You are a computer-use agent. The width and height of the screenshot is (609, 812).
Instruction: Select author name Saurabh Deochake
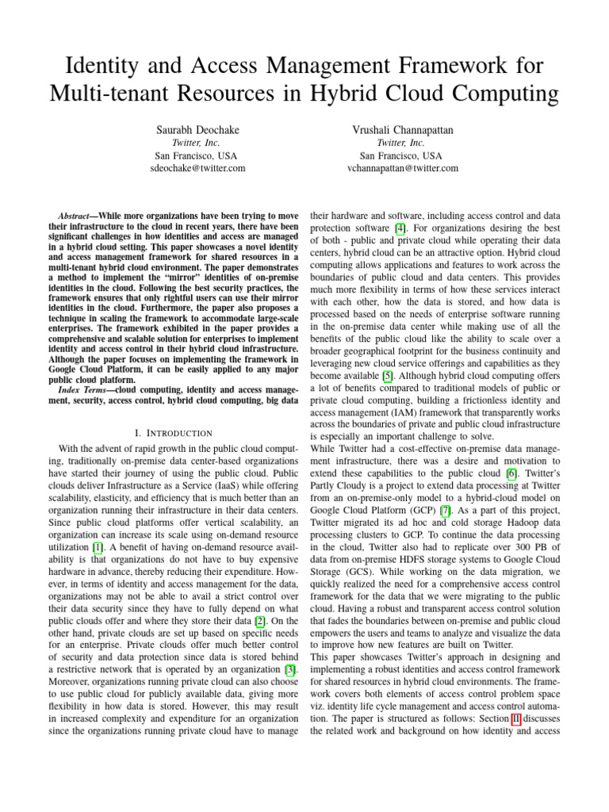(199, 128)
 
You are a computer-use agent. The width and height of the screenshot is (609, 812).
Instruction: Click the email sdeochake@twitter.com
(198, 168)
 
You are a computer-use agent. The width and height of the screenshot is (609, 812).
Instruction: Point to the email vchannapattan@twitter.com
(402, 168)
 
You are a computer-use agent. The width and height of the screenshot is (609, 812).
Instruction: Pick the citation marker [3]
(290, 671)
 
